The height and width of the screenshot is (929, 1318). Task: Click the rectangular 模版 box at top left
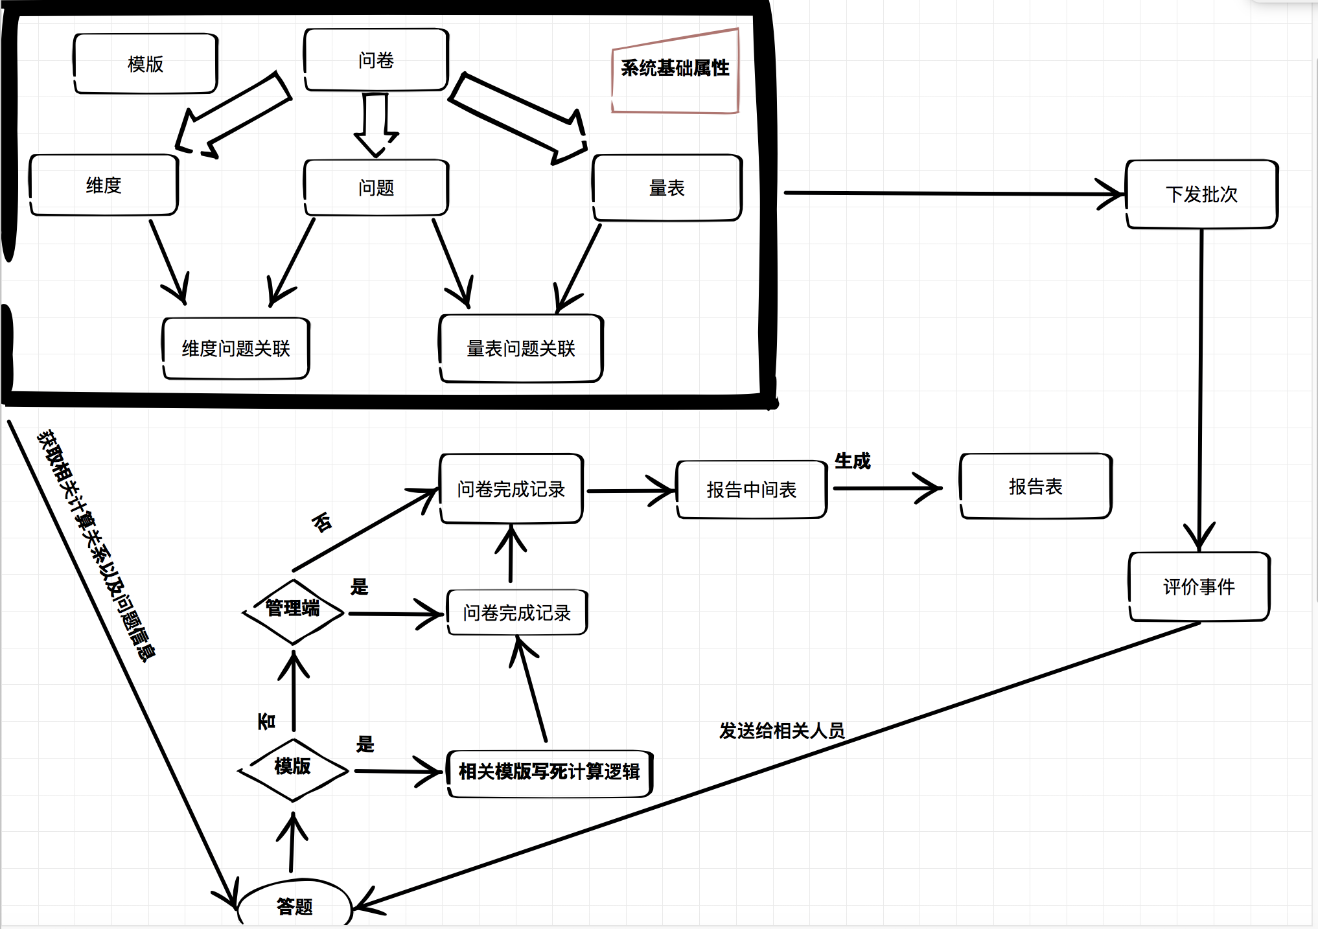pyautogui.click(x=145, y=63)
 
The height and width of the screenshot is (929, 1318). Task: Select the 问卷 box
pyautogui.click(x=376, y=60)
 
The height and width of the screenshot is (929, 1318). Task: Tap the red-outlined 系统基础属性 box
pyautogui.click(x=675, y=70)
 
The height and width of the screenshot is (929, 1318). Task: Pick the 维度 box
pyautogui.click(x=104, y=185)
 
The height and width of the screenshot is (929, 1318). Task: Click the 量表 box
pyautogui.click(x=667, y=188)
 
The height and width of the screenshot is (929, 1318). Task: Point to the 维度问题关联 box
pyautogui.click(x=236, y=349)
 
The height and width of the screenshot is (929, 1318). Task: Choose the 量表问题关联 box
pyautogui.click(x=521, y=349)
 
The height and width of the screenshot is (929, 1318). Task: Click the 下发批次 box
pyautogui.click(x=1201, y=194)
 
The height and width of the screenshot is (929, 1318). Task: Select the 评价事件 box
pyautogui.click(x=1199, y=586)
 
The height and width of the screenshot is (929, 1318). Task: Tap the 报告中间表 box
pyautogui.click(x=751, y=490)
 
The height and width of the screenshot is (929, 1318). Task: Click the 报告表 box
pyautogui.click(x=1035, y=487)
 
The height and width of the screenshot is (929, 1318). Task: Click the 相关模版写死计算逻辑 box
pyautogui.click(x=549, y=772)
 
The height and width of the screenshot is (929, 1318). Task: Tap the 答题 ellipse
pyautogui.click(x=295, y=906)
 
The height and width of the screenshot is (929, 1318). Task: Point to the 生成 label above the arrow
pyautogui.click(x=852, y=461)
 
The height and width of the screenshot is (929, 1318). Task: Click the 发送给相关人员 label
pyautogui.click(x=781, y=731)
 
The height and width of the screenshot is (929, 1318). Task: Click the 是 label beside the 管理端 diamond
pyautogui.click(x=359, y=587)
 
